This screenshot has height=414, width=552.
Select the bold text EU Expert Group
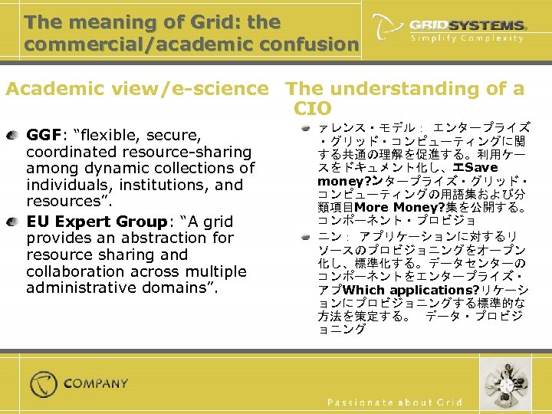click(97, 222)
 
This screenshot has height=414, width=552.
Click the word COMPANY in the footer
click(96, 383)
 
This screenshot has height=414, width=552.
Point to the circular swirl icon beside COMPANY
click(44, 383)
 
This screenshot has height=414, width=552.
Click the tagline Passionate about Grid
click(395, 402)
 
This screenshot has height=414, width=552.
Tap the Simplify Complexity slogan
click(467, 38)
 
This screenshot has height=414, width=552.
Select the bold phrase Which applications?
click(411, 290)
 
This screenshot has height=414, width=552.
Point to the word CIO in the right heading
click(311, 108)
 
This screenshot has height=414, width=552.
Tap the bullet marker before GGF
click(16, 135)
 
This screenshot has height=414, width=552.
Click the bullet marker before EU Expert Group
click(16, 222)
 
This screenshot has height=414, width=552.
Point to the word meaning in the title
click(98, 22)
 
